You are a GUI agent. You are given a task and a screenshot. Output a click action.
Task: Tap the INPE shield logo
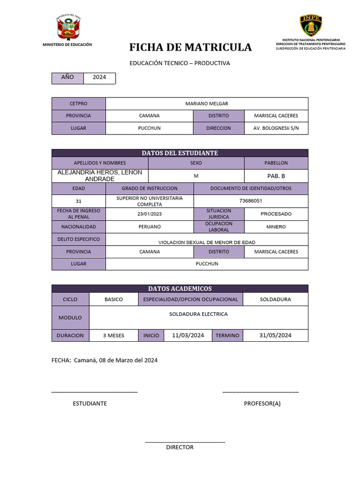(311, 25)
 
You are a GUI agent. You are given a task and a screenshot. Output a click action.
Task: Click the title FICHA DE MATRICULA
(190, 47)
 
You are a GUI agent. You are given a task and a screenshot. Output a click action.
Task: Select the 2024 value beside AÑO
(99, 77)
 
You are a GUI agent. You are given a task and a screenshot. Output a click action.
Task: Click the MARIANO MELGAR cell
(207, 104)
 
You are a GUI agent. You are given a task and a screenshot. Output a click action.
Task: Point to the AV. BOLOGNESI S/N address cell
(276, 128)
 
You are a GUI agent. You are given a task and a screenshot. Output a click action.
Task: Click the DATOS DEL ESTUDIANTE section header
(180, 153)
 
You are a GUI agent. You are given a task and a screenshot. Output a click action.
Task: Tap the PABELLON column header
(276, 163)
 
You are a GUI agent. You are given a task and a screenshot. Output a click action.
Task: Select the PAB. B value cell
(276, 176)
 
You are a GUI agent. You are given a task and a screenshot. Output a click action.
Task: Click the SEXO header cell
(196, 163)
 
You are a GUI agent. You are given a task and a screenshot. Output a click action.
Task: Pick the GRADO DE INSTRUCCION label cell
(150, 188)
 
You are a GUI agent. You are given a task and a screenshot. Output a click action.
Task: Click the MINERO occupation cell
(276, 226)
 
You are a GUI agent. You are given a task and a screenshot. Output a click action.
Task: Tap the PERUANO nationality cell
(150, 226)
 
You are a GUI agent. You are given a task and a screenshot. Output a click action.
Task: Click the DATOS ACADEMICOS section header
(180, 288)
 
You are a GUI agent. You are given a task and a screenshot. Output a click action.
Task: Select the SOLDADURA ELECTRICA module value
(198, 314)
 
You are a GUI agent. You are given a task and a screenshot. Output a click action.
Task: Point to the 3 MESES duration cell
(113, 336)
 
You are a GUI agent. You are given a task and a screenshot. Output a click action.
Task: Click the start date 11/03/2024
(188, 335)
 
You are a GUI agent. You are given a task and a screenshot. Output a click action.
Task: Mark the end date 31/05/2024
(275, 335)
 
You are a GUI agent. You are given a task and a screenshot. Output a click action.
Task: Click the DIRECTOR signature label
(180, 447)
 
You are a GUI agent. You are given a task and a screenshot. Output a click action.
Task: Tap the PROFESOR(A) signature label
(262, 403)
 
